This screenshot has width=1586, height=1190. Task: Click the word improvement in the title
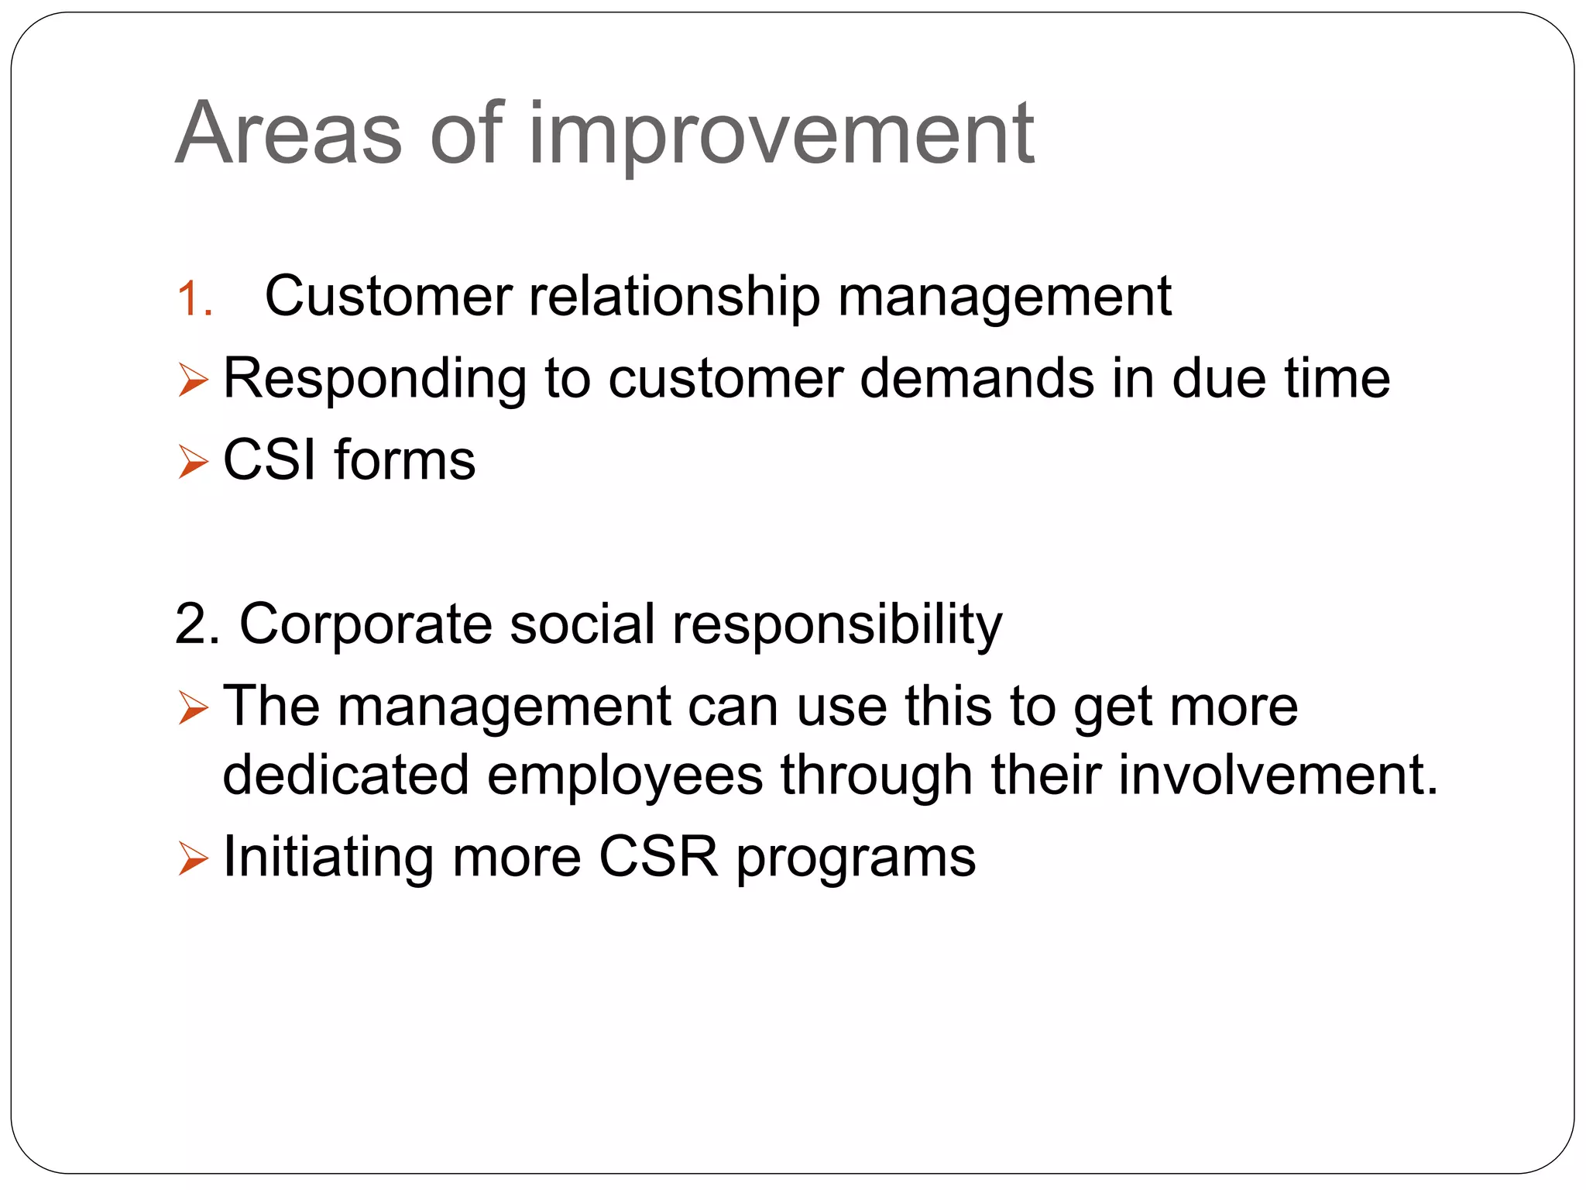click(781, 136)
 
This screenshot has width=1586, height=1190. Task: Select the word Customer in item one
click(388, 297)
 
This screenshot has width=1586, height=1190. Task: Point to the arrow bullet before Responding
click(193, 380)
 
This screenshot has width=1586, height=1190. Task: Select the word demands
click(977, 379)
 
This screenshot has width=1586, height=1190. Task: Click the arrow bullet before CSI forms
click(193, 462)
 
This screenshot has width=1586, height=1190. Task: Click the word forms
click(404, 460)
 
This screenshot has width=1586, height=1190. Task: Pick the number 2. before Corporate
click(197, 624)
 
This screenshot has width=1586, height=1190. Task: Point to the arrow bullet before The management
click(193, 708)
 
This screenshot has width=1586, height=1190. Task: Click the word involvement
click(1278, 775)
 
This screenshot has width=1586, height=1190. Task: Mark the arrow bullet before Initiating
click(193, 858)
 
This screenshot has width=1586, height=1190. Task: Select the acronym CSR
click(658, 857)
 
